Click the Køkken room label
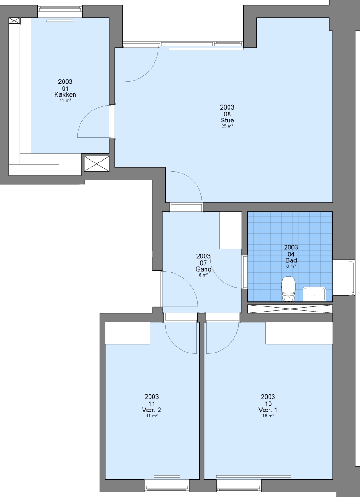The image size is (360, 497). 65,95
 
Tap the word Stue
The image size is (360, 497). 227,121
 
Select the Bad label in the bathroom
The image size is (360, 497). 291,260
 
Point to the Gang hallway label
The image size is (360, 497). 203,269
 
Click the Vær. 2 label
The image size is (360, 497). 151,410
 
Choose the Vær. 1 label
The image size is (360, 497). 268,410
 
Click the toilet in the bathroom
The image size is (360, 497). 288,289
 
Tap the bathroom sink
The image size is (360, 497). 314,294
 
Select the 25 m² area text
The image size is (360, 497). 227,126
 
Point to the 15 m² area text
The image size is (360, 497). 268,416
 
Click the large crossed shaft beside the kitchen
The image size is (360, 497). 97,164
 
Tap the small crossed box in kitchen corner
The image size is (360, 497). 15,21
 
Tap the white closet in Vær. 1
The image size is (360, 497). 299,333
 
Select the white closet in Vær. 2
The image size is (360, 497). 128,333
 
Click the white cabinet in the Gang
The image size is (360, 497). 231,230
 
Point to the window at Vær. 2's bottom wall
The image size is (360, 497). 167,485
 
